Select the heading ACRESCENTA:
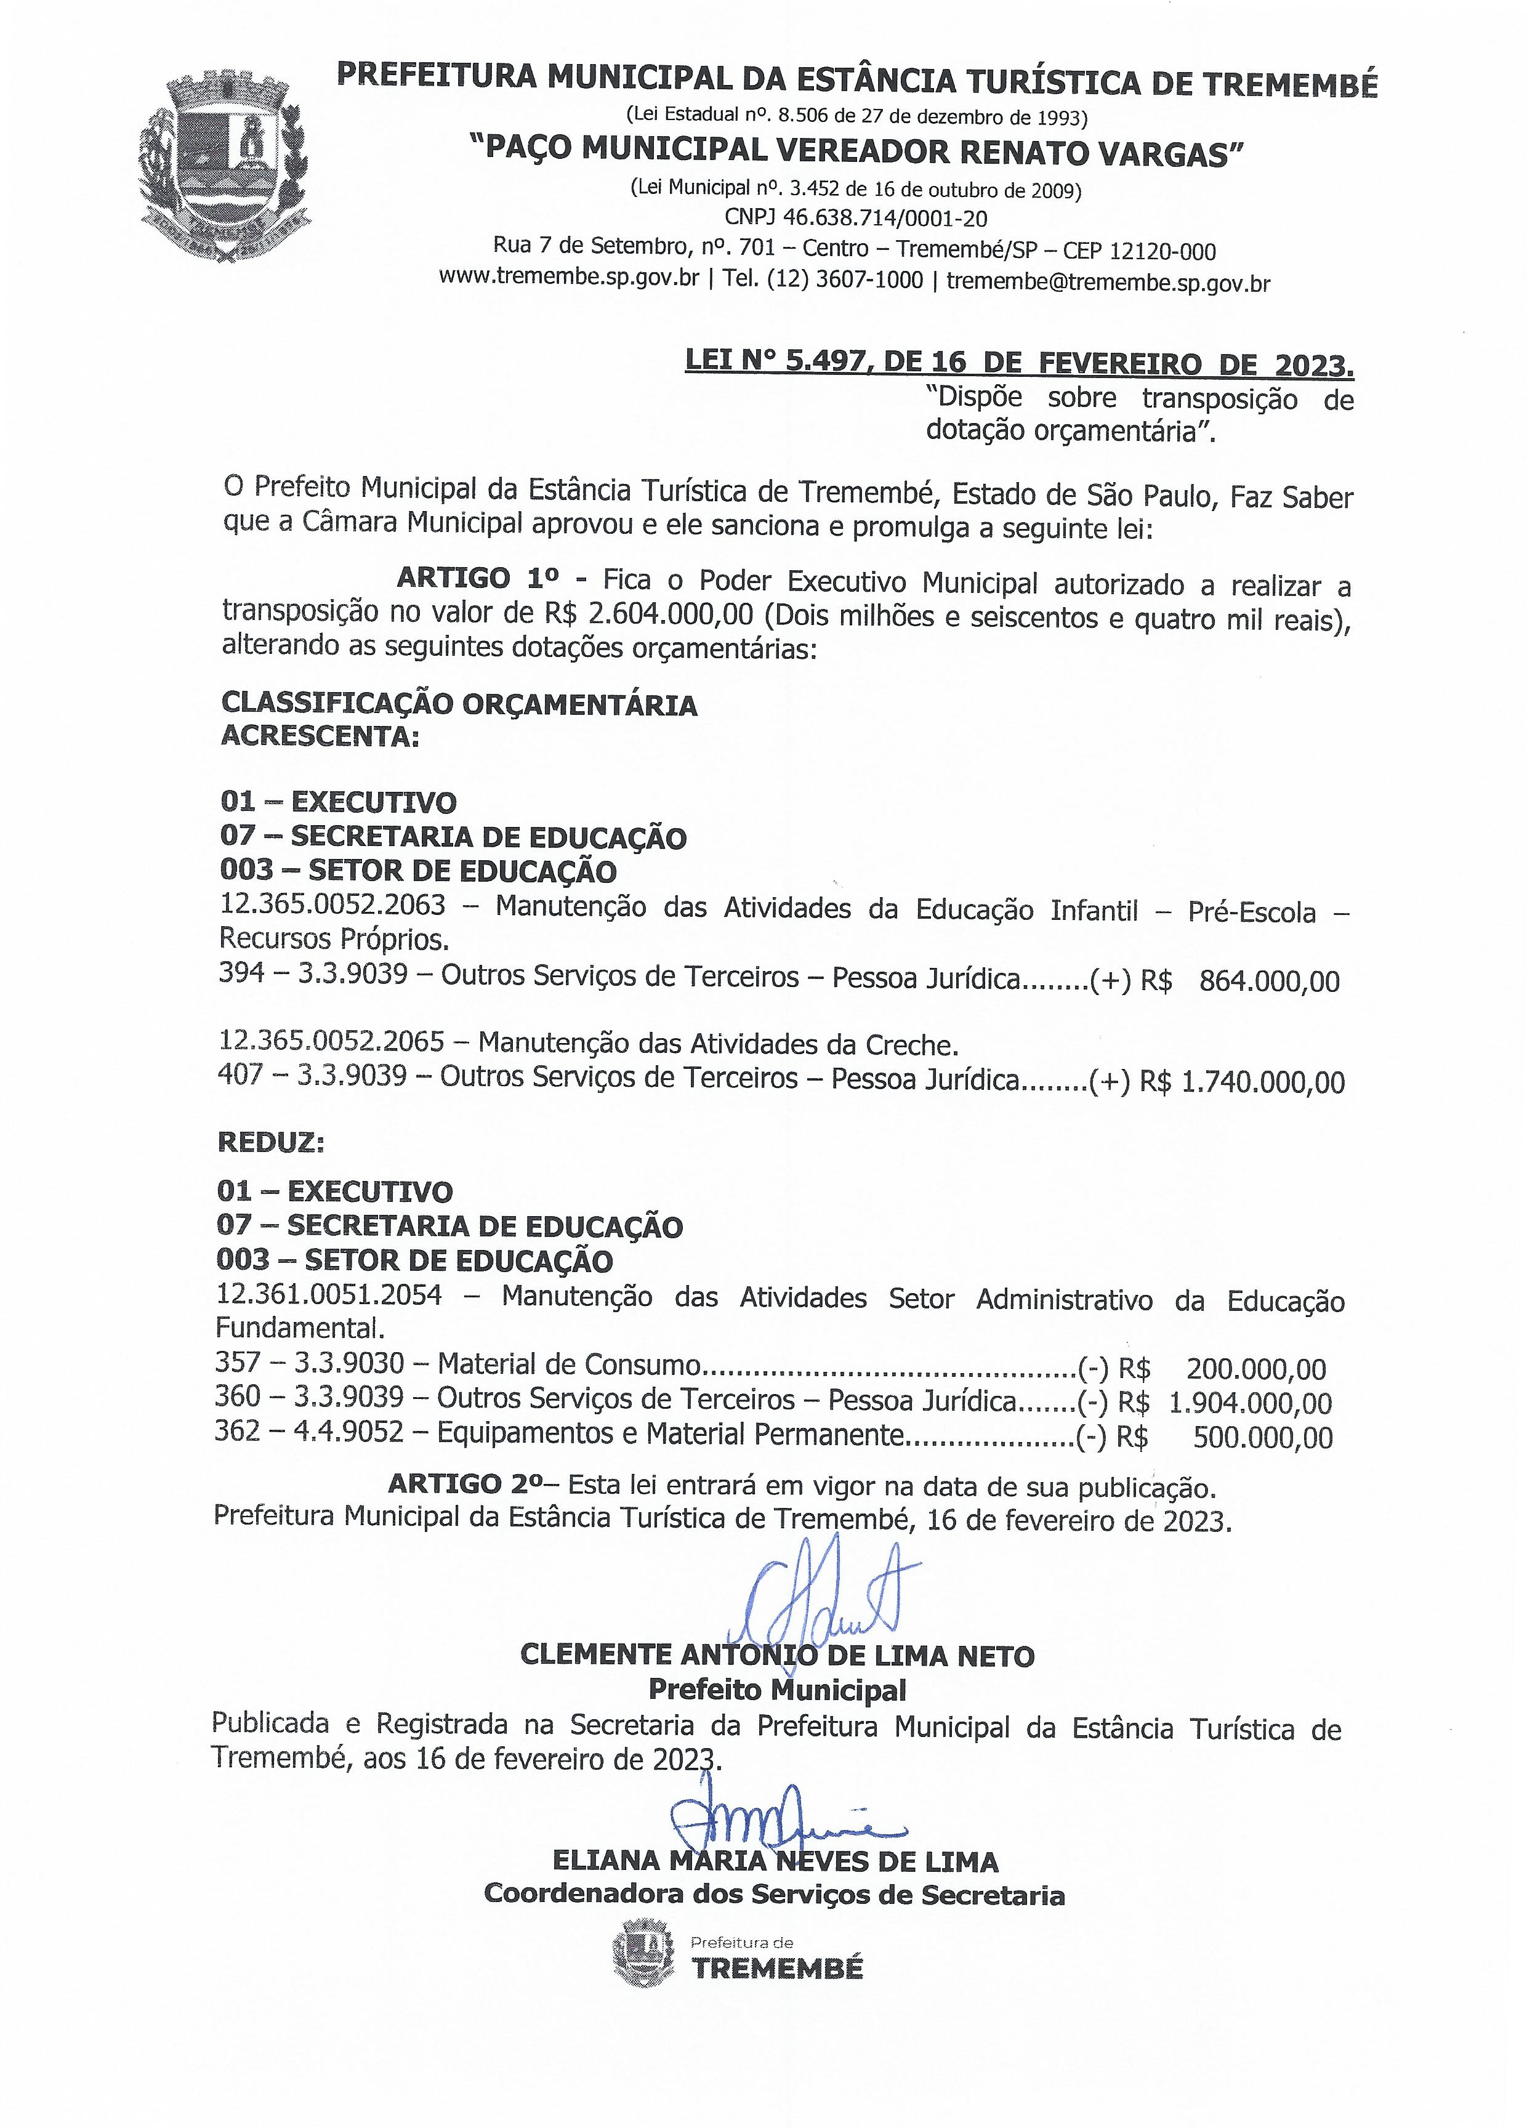320,736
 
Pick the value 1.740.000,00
1262,1082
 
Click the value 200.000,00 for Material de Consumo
1255,1369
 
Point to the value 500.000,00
1262,1437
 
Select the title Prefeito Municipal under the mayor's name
778,1690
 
